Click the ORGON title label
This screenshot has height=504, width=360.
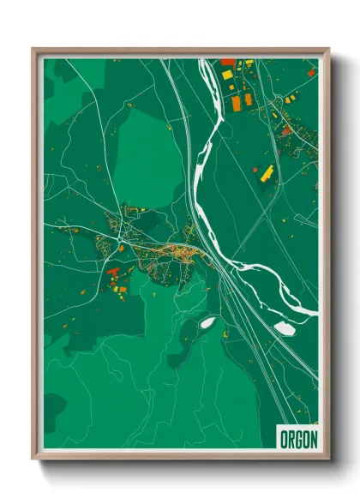[298, 439]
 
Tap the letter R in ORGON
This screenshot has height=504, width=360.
[291, 439]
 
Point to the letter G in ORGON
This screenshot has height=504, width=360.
[298, 439]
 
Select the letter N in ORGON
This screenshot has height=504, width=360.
[313, 439]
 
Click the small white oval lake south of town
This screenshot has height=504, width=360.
[207, 323]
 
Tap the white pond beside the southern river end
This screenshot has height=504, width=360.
[284, 327]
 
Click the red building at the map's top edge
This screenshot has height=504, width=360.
[227, 62]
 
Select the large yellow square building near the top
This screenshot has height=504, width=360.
[228, 75]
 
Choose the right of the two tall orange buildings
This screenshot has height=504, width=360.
[248, 99]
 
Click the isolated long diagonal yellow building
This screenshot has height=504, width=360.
[267, 171]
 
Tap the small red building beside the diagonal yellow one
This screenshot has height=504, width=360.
[255, 170]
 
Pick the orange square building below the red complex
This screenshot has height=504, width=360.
[122, 290]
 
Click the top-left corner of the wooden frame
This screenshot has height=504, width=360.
[33, 49]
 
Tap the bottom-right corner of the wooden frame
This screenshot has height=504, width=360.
[328, 459]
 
